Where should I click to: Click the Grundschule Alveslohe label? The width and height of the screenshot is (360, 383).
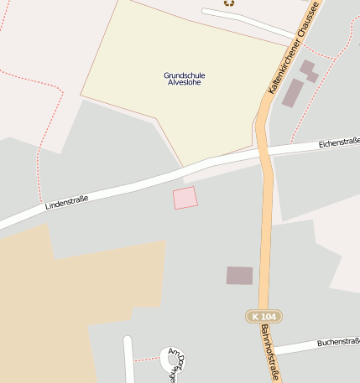[x=185, y=80]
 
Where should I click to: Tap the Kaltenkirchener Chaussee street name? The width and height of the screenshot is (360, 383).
[x=293, y=48]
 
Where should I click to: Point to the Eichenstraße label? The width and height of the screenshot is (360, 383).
[x=339, y=143]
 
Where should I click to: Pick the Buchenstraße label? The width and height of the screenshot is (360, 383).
[x=338, y=343]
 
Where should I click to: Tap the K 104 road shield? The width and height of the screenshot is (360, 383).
[x=265, y=316]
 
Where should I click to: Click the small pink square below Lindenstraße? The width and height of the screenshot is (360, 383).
[x=185, y=199]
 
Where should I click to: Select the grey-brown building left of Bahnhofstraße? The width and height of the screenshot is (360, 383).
[x=239, y=275]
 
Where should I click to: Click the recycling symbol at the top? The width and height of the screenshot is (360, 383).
[x=229, y=3]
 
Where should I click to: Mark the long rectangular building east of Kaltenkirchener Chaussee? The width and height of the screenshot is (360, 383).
[x=292, y=93]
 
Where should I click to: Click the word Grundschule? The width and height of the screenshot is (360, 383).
[x=185, y=75]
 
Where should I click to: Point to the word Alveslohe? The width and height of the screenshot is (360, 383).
[x=185, y=84]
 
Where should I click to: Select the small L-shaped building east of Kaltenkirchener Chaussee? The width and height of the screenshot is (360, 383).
[x=309, y=70]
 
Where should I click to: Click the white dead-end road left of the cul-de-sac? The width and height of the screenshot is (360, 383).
[x=129, y=360]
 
